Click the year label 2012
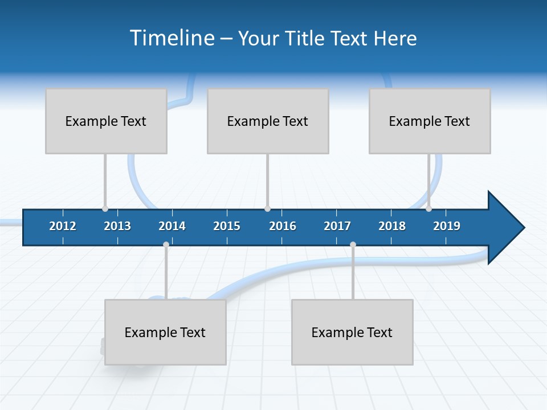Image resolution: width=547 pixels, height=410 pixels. [x=63, y=226]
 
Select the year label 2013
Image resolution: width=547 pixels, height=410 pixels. [x=117, y=226]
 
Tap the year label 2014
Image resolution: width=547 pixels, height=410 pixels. [x=172, y=226]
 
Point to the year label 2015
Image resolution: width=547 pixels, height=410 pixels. [x=227, y=226]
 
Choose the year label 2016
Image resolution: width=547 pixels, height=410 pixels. [x=283, y=226]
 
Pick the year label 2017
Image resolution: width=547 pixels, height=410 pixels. [x=337, y=226]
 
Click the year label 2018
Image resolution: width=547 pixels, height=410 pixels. [x=392, y=226]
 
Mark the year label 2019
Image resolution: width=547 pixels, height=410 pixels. [x=447, y=226]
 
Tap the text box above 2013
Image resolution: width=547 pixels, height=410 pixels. [x=106, y=121]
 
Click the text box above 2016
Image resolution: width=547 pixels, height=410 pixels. [x=268, y=121]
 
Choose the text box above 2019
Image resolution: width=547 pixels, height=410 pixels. [x=430, y=121]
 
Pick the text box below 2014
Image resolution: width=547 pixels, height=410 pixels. [x=165, y=332]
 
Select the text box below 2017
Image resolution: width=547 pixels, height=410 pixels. [x=352, y=332]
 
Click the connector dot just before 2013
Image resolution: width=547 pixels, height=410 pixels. [x=105, y=209]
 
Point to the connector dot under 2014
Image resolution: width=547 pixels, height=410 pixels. [x=166, y=245]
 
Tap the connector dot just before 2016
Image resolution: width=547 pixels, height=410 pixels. [x=267, y=209]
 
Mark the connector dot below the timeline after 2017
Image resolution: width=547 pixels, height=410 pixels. [x=353, y=245]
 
